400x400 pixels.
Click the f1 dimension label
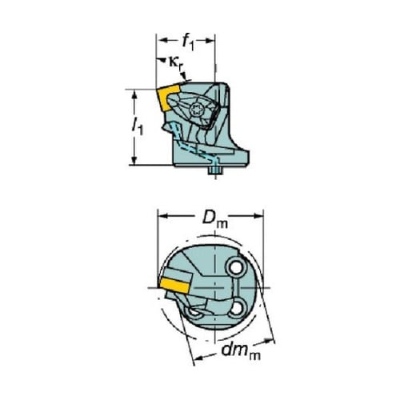(x=188, y=42)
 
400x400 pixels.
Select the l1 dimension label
(x=138, y=126)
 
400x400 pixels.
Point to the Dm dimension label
(x=214, y=219)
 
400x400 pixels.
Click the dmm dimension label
(x=241, y=351)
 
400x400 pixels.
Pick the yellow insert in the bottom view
(x=175, y=286)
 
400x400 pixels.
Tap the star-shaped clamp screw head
(x=196, y=110)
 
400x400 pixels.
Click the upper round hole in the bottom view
(x=235, y=267)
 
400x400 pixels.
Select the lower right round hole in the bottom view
(x=236, y=309)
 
